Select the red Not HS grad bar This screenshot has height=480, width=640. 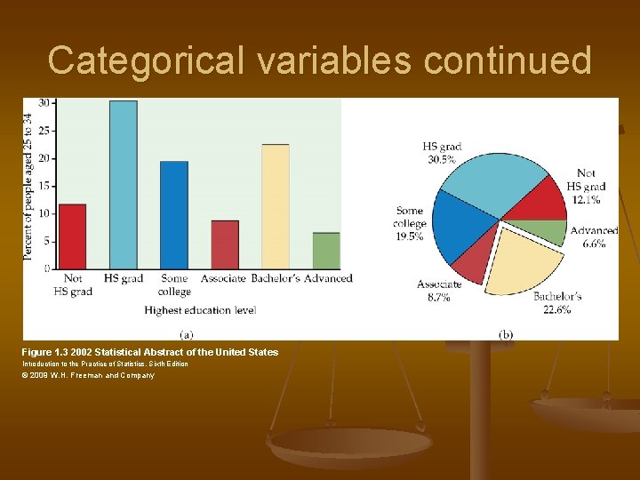point(72,236)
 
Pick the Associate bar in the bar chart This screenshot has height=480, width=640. point(225,244)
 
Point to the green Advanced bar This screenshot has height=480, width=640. point(326,251)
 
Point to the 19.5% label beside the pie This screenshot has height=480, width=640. point(411,236)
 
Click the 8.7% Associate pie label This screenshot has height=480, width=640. point(439,298)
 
